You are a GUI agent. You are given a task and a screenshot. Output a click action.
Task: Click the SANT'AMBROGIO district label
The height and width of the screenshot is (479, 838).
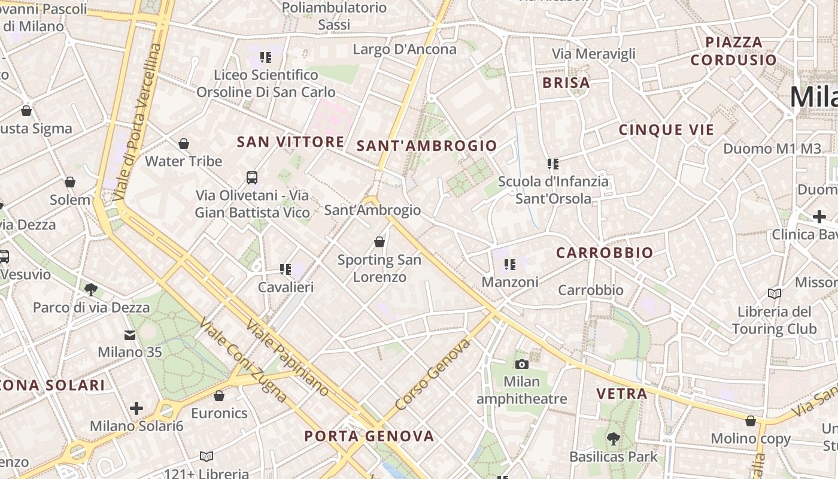(427, 145)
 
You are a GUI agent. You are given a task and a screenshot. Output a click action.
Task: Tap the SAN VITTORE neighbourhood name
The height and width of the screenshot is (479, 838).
(290, 142)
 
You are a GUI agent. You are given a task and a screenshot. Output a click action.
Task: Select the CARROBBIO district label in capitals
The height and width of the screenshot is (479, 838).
(605, 253)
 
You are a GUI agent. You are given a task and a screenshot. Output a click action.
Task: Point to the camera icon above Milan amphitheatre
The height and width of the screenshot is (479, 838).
(522, 363)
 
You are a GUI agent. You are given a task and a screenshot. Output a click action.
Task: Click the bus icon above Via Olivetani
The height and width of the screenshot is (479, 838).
(252, 177)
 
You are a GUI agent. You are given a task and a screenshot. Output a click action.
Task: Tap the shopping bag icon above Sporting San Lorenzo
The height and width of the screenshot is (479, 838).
(379, 242)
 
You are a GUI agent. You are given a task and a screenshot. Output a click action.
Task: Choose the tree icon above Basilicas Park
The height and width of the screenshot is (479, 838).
(613, 439)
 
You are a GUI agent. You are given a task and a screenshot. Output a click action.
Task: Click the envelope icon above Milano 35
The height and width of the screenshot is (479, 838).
(130, 335)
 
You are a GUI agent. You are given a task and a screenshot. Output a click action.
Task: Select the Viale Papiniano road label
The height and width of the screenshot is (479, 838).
(287, 357)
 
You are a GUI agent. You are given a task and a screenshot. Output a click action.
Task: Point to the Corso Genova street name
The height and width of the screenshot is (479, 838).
(433, 375)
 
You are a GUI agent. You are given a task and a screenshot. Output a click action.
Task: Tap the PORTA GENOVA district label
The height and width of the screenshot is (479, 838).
(369, 436)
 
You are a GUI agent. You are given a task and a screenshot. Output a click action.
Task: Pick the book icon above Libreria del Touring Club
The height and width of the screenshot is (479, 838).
(774, 293)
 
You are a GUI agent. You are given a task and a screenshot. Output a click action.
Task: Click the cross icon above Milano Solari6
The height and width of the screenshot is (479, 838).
(136, 408)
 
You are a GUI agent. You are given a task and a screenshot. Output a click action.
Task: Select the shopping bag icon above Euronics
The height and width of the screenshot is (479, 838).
(219, 396)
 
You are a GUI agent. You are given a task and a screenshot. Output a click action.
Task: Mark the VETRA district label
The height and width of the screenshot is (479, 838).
(622, 393)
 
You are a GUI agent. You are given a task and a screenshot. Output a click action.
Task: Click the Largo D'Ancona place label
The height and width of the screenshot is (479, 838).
(405, 49)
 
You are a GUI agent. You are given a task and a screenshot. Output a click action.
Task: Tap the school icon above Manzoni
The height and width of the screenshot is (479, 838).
(510, 264)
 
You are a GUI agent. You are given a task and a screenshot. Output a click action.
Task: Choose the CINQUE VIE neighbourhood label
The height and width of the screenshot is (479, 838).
(666, 130)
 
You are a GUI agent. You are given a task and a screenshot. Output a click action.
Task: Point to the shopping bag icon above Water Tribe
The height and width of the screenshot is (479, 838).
(184, 144)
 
